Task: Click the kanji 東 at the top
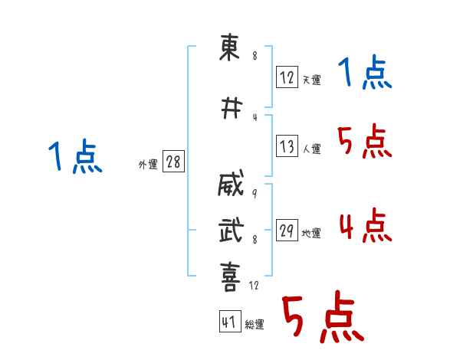click(x=229, y=47)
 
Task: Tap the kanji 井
click(x=232, y=108)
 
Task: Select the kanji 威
click(x=231, y=182)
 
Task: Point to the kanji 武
click(x=232, y=230)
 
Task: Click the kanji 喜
click(x=230, y=277)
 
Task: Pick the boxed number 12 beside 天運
click(x=287, y=77)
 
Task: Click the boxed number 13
click(x=287, y=146)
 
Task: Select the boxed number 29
click(x=287, y=230)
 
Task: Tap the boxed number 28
click(x=173, y=162)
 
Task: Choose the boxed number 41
click(x=230, y=321)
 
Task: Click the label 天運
click(x=311, y=80)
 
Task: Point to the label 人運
click(x=311, y=149)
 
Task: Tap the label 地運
click(x=311, y=234)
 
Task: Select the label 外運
click(x=148, y=165)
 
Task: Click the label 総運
click(x=255, y=324)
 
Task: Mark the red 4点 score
click(x=366, y=225)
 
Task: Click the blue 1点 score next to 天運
click(x=365, y=72)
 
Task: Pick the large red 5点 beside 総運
click(x=324, y=316)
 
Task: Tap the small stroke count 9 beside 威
click(x=255, y=193)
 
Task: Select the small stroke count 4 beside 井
click(x=255, y=117)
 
